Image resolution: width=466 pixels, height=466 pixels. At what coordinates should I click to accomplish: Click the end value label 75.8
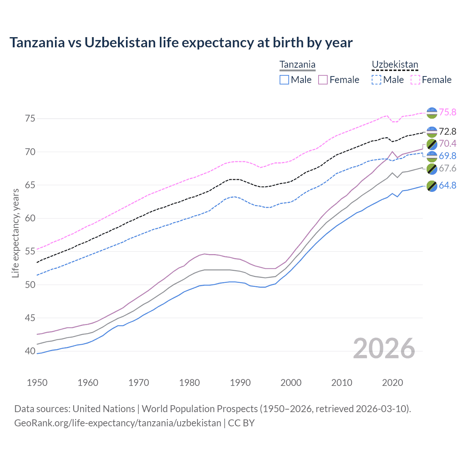coord(447,112)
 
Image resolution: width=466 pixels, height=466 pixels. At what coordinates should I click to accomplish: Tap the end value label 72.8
coord(447,131)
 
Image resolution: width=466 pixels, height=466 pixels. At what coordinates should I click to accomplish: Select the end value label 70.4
coord(447,143)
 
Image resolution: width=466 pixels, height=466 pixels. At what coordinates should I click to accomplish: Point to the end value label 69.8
coord(447,156)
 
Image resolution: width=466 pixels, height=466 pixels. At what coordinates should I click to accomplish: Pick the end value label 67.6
coord(447,168)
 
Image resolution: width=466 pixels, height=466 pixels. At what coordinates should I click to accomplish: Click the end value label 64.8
coord(447,185)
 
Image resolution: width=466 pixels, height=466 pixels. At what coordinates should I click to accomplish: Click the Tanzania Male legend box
coord(284,80)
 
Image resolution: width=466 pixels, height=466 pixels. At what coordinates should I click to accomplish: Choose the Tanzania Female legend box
coord(323,80)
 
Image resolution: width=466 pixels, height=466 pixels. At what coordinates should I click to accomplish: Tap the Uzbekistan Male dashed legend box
coord(376,80)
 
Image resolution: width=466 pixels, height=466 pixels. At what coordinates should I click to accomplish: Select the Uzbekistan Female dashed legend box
coord(415,80)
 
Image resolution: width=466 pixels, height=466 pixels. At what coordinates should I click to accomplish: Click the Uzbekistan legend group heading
coord(395,65)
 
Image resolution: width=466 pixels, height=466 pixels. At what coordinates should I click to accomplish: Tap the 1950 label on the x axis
coord(37,383)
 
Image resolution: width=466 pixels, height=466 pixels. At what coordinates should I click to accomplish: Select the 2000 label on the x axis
coord(291,383)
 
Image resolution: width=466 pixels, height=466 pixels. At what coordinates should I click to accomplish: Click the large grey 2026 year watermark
coord(384,348)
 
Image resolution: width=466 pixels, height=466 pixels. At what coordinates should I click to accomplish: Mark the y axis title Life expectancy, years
coord(15,233)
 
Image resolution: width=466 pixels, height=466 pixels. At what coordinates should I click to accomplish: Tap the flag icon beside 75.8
coord(432,113)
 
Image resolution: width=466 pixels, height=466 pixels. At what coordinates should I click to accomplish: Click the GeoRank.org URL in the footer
coord(118,423)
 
